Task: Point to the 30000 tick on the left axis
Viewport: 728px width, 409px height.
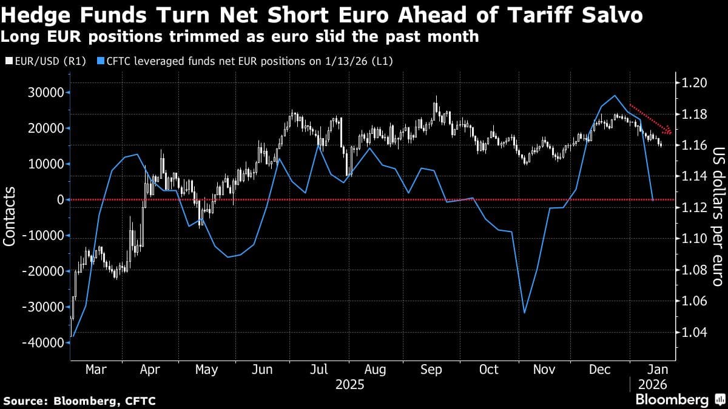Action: pos(44,92)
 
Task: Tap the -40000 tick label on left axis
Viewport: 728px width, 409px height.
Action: pos(41,342)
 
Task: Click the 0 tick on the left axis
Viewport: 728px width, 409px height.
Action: pos(60,199)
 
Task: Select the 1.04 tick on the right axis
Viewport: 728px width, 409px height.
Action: pos(693,332)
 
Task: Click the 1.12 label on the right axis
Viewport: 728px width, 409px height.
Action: pos(693,208)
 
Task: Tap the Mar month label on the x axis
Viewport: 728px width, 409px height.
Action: pos(96,369)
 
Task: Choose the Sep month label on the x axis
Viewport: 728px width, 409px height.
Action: pos(432,369)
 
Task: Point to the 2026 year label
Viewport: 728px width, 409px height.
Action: pos(652,384)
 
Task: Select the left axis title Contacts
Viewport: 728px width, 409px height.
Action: pos(10,216)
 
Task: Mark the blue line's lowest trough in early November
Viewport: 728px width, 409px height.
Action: pos(524,313)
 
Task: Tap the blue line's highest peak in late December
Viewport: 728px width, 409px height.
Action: pos(615,95)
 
